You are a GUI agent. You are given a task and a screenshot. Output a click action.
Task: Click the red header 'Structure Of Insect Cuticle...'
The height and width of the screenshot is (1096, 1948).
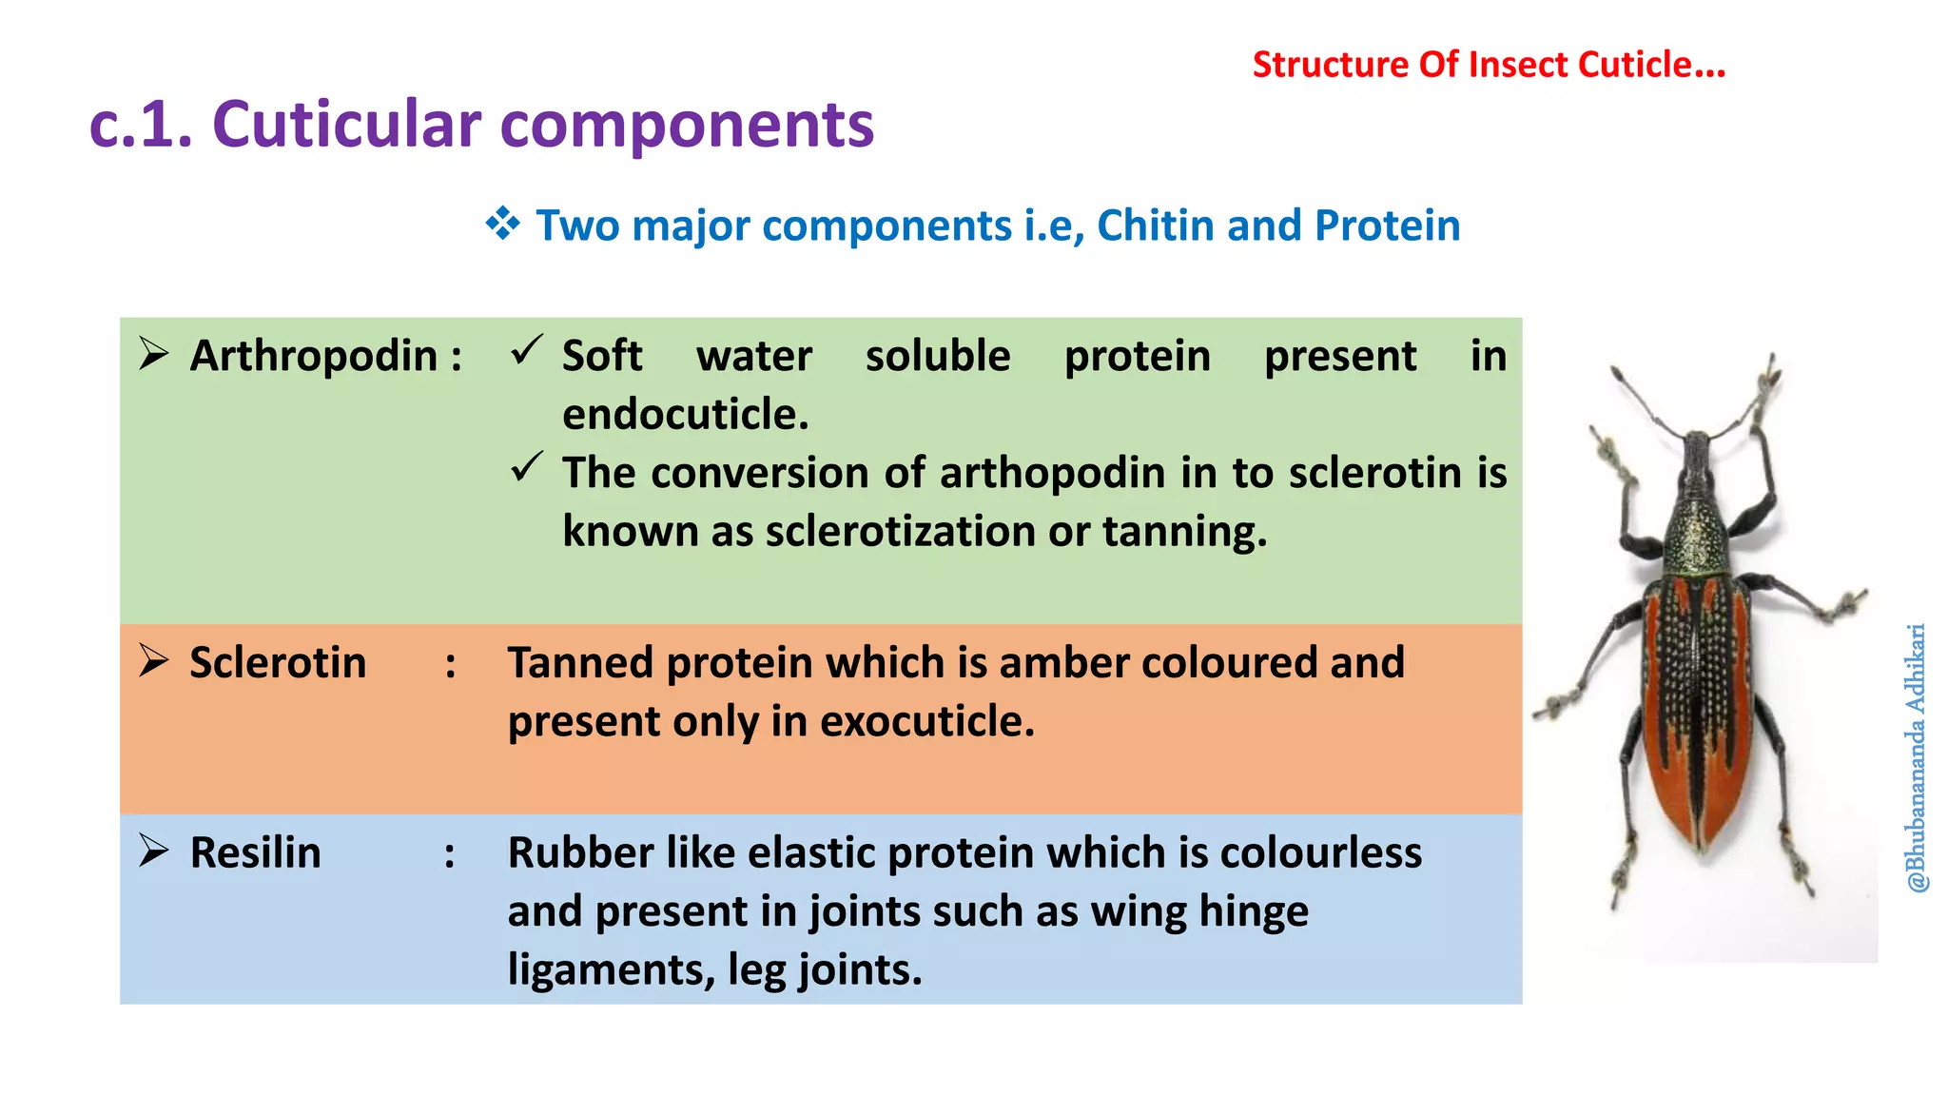(x=1488, y=65)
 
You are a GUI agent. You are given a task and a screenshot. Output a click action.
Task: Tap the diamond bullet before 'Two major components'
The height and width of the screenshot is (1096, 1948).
(x=502, y=225)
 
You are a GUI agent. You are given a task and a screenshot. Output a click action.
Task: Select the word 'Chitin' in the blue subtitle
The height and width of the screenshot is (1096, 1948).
(x=1156, y=225)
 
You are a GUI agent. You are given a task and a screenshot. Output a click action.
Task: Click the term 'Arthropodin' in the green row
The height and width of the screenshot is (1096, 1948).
(x=313, y=356)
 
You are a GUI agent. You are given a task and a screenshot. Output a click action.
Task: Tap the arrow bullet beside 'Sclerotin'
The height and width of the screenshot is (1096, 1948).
(x=153, y=660)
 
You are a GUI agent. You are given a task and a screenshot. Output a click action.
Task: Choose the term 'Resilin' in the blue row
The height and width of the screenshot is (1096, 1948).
(x=255, y=852)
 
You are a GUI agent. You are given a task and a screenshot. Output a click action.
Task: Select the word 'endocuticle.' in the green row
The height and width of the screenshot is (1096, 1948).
(x=685, y=414)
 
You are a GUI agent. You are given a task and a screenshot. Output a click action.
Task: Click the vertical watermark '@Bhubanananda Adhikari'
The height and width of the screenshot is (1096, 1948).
(x=1916, y=757)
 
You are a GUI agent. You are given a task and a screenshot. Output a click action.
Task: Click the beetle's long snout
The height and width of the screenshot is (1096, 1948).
(x=1696, y=476)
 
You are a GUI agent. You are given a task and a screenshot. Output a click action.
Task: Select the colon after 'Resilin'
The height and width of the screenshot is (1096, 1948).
(x=450, y=854)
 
